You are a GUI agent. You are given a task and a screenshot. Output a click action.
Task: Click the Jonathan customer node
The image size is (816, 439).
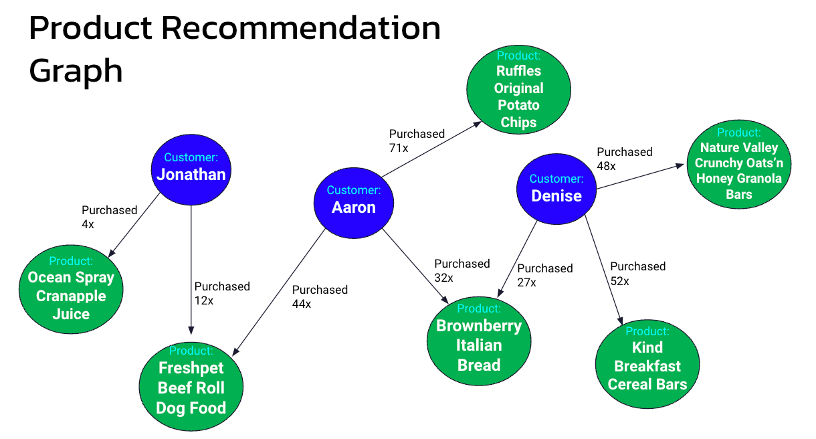click(x=191, y=167)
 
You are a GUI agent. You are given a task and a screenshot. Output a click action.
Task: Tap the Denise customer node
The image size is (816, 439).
click(x=556, y=188)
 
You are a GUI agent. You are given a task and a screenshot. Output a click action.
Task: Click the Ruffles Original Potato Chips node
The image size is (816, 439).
click(x=518, y=89)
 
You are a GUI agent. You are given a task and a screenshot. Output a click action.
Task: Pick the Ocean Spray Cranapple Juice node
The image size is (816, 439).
click(x=71, y=287)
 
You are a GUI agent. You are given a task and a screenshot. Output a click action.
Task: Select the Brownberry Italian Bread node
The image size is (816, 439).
click(x=479, y=337)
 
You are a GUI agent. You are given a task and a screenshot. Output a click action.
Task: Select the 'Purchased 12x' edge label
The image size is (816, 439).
click(x=221, y=293)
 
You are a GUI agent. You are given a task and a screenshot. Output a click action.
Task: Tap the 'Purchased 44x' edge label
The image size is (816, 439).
click(x=319, y=296)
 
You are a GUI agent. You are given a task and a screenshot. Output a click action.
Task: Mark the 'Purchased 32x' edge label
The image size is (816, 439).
click(x=462, y=270)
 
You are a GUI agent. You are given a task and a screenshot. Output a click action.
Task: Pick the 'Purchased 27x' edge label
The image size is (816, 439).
click(x=544, y=275)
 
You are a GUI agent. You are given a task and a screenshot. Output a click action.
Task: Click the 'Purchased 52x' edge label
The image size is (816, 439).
click(x=637, y=273)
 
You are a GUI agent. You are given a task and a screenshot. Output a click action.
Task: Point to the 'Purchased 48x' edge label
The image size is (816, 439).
click(x=623, y=159)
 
